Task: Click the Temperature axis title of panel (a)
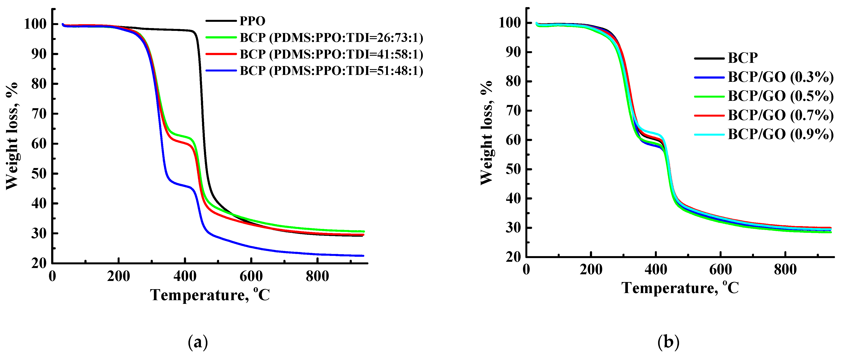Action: click(210, 295)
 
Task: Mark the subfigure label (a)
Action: click(198, 342)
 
